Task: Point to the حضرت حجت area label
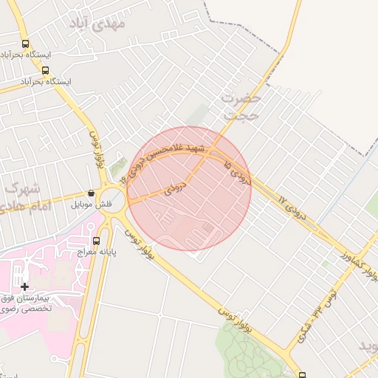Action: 241,106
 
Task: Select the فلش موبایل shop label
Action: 92,203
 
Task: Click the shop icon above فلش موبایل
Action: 91,193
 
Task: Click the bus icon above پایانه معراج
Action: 96,241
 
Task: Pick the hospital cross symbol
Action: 25,286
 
